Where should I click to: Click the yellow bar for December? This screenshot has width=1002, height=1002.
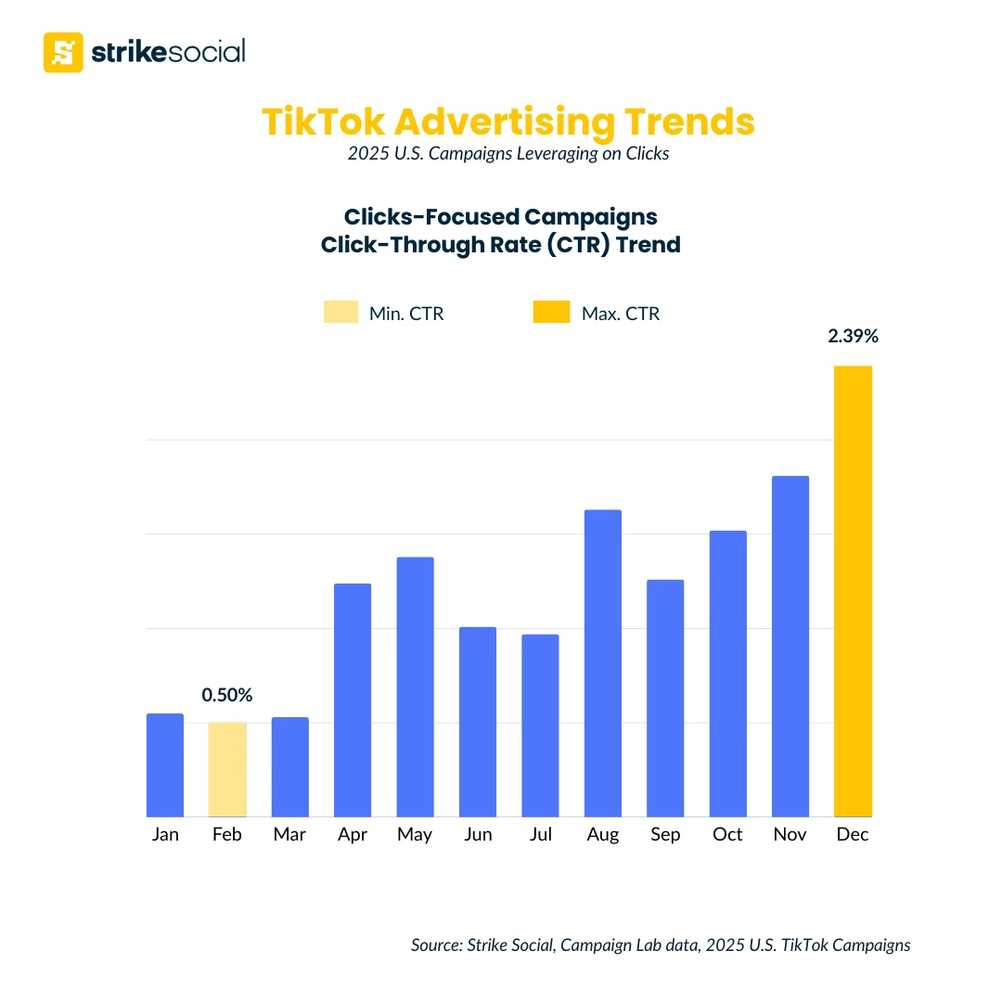[853, 591]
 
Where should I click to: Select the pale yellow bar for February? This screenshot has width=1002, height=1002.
[227, 769]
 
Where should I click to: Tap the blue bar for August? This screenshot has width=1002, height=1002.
[603, 662]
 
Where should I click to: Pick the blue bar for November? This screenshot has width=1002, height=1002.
[790, 646]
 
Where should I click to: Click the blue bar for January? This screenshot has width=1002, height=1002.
[165, 764]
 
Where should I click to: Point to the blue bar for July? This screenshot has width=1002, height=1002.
[540, 725]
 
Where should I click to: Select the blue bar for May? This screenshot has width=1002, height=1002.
[415, 687]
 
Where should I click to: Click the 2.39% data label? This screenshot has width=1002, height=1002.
[853, 337]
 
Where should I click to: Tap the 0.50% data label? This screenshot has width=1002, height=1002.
[227, 695]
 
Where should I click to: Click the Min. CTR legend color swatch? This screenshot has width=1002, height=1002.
[340, 313]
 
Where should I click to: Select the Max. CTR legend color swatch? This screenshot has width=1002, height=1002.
[551, 313]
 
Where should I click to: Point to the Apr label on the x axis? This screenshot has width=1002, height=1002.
[353, 835]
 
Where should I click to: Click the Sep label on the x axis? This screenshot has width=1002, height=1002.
[665, 835]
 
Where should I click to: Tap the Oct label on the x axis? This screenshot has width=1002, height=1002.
[727, 835]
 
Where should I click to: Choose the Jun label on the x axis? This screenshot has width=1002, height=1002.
[478, 835]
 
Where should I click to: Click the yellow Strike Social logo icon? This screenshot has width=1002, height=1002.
[63, 52]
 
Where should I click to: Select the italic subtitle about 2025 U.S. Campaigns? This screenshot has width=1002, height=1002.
[508, 154]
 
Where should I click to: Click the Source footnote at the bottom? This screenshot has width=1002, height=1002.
[661, 945]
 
